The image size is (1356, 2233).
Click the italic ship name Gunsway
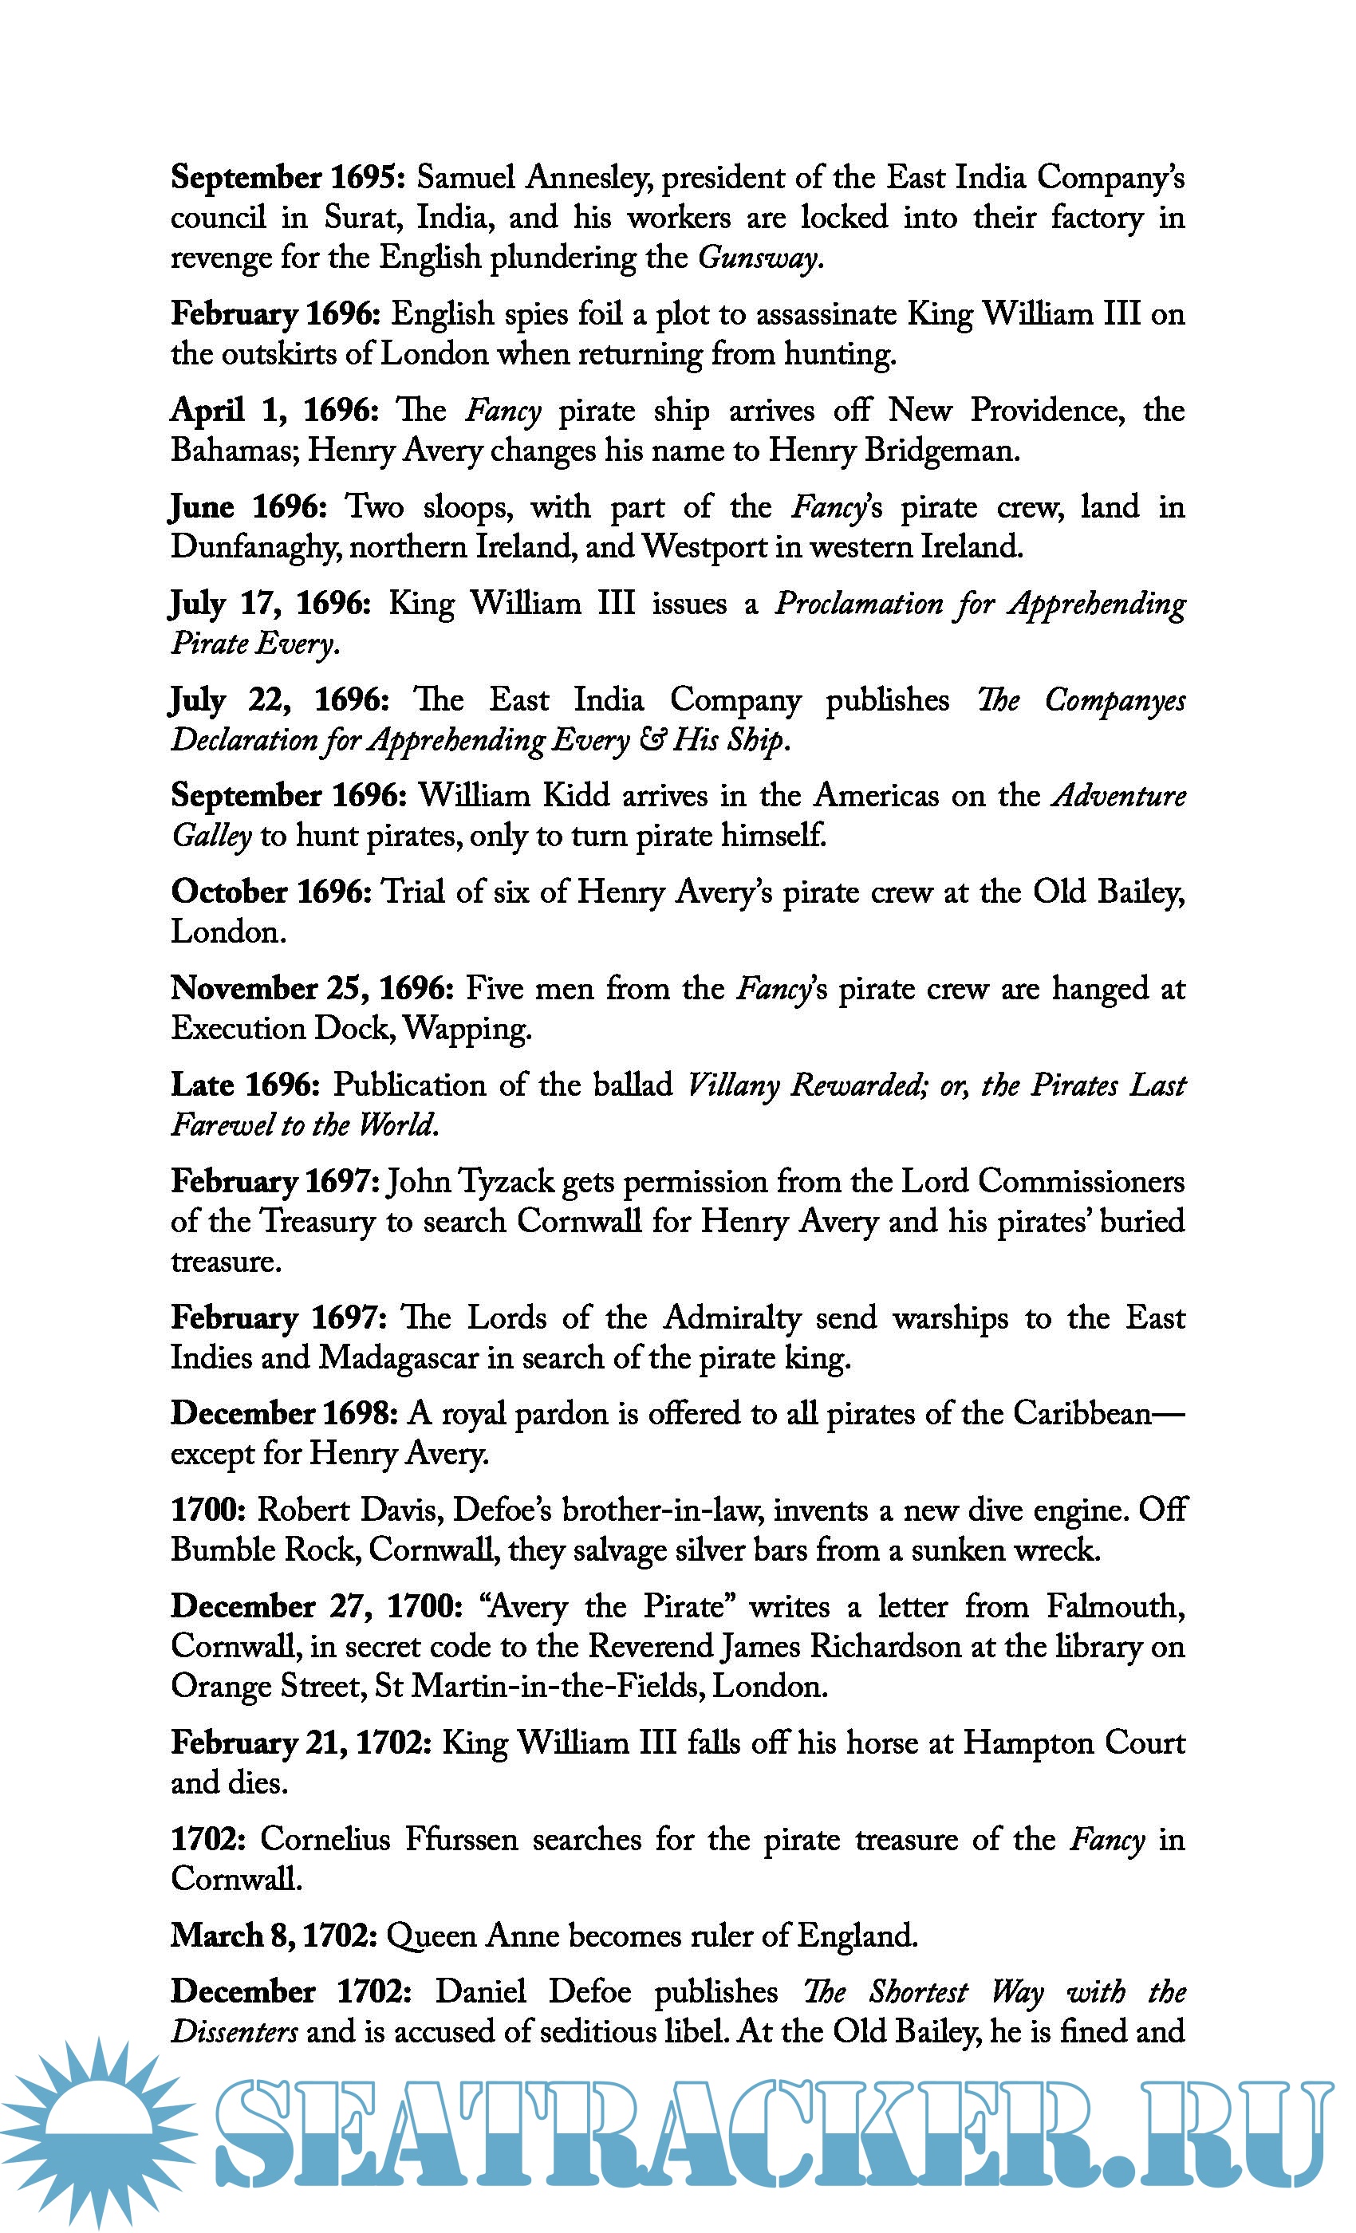pyautogui.click(x=759, y=258)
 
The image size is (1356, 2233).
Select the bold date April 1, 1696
pyautogui.click(x=274, y=411)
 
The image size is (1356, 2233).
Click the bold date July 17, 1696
pyautogui.click(x=270, y=604)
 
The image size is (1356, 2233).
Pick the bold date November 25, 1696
pyautogui.click(x=313, y=989)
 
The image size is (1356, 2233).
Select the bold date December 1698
pyautogui.click(x=284, y=1414)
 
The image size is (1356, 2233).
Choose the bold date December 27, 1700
pyautogui.click(x=317, y=1606)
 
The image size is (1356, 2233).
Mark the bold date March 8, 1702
pyautogui.click(x=273, y=1935)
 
